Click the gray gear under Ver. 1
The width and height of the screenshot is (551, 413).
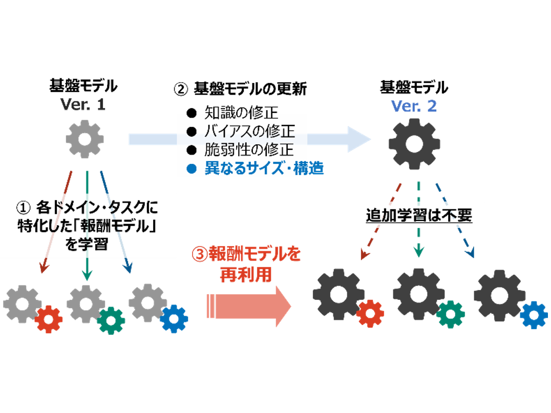[x=85, y=139]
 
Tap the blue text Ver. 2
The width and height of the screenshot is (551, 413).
[x=414, y=106]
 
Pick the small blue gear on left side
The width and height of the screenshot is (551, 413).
[x=174, y=319]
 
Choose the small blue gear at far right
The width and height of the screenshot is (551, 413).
[x=535, y=314]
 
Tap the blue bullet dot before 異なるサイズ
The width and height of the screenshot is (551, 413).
[x=192, y=169]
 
